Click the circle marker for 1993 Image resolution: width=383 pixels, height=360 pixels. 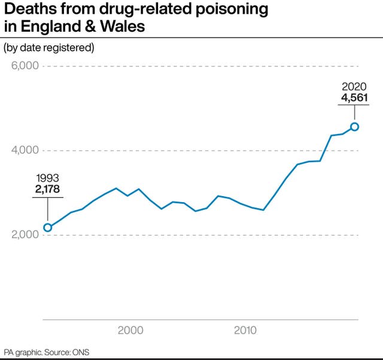[x=48, y=227]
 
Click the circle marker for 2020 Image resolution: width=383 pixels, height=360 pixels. [x=355, y=126]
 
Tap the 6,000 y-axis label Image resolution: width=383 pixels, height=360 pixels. [x=26, y=65]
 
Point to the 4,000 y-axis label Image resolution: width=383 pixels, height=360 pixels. [x=26, y=150]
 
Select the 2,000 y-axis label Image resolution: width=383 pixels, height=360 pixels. [x=26, y=234]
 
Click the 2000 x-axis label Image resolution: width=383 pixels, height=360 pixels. [x=130, y=330]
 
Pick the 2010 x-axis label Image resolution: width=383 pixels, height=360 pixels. [x=245, y=330]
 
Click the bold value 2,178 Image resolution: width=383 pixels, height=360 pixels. [x=48, y=190]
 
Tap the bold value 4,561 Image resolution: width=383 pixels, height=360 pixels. [x=355, y=98]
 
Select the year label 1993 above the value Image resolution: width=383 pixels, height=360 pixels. [x=48, y=178]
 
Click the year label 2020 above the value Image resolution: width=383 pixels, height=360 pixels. [x=355, y=87]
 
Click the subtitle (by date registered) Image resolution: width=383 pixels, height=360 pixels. [x=49, y=47]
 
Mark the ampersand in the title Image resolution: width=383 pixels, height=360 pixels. [x=89, y=27]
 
